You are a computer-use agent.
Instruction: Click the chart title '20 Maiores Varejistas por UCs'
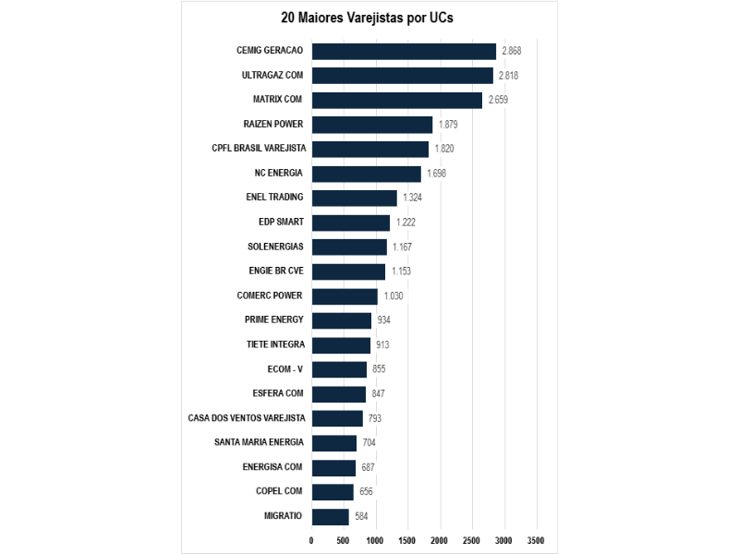coord(367,18)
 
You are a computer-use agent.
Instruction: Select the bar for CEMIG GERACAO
coord(404,52)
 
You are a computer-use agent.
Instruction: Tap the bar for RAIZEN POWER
coord(372,125)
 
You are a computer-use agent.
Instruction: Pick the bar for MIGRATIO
coord(331,517)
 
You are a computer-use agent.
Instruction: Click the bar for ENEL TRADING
coord(355,199)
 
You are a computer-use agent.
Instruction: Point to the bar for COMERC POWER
coord(345,296)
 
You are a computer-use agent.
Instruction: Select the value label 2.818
coord(509,76)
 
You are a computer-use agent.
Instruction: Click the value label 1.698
coord(436,174)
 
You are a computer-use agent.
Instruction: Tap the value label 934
coord(383,320)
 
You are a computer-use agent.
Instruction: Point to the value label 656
coord(366,492)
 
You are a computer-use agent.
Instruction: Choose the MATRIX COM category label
coord(277,100)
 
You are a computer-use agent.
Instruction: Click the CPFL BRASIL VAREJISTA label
coord(259,149)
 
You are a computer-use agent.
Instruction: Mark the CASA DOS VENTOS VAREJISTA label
coord(247,418)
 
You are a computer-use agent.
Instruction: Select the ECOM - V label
coord(285,369)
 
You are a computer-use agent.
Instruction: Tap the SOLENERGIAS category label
coord(275,247)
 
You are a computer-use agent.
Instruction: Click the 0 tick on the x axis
coord(311,541)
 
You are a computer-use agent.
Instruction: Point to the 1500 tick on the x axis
coord(407,541)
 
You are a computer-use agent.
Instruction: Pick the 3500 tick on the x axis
coord(536,541)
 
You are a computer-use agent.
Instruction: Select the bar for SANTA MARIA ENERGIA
coord(334,443)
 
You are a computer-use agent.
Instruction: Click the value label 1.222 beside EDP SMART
coord(406,223)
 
